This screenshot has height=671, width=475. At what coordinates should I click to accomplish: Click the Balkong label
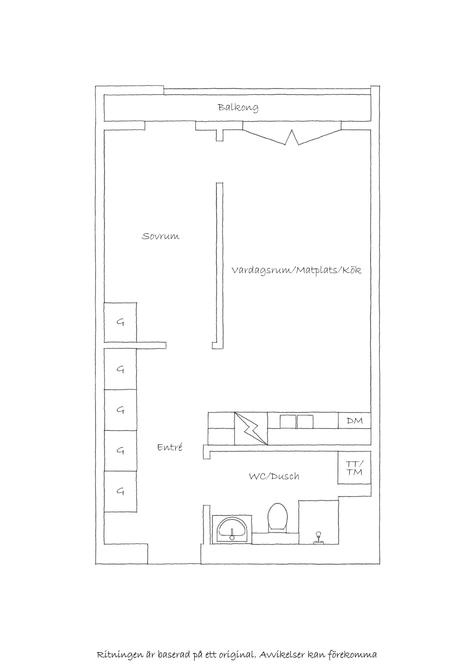[x=238, y=108]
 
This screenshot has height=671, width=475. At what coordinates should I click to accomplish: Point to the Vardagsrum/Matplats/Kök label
[x=297, y=270]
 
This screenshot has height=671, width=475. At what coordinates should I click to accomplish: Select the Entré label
[x=170, y=447]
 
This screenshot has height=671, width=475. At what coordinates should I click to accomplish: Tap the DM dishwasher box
[x=354, y=420]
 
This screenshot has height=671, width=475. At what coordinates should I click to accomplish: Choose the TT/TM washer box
[x=354, y=468]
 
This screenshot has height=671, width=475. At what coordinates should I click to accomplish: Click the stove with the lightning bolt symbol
[x=251, y=429]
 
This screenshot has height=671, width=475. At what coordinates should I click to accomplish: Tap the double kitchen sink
[x=296, y=422]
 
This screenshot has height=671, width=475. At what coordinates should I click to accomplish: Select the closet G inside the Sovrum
[x=120, y=322]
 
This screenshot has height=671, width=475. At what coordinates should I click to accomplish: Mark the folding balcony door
[x=292, y=137]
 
